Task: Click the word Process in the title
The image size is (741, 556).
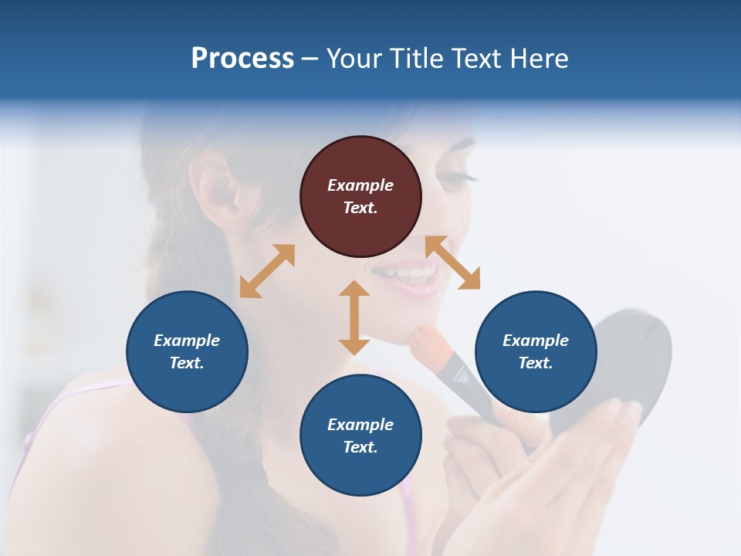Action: pos(242,59)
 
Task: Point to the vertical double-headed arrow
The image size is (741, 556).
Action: pos(354,317)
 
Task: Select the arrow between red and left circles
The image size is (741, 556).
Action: pos(267,270)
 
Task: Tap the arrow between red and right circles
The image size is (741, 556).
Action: pos(452,263)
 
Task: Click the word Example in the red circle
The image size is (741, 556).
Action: pos(360,185)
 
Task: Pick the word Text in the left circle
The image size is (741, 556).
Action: pos(187,363)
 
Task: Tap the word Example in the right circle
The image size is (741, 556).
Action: pos(536,341)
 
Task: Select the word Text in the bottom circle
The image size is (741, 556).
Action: pos(360,447)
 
